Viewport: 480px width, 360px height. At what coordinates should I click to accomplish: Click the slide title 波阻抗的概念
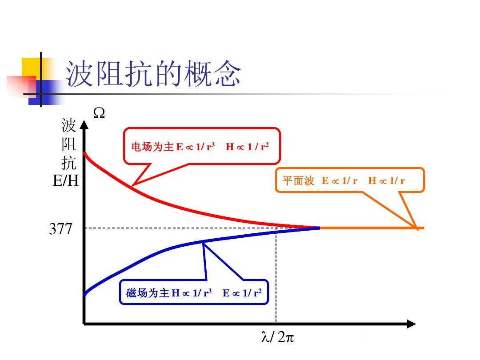click(153, 75)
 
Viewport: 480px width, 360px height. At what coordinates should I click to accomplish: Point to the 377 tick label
click(60, 229)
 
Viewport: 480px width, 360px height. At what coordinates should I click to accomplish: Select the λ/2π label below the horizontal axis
click(277, 338)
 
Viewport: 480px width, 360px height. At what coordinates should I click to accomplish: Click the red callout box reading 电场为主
click(202, 146)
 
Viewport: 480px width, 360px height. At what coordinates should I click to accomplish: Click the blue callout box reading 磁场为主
click(194, 292)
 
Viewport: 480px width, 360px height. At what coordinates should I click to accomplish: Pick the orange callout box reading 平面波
click(349, 180)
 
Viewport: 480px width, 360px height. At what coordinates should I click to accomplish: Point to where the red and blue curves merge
click(318, 228)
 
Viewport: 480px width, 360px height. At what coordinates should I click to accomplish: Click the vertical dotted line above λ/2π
click(276, 276)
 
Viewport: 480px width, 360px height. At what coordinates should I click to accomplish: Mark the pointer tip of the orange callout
click(416, 228)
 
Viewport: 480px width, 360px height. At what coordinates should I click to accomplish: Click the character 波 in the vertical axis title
click(69, 126)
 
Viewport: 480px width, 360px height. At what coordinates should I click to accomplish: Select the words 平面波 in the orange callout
click(298, 181)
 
